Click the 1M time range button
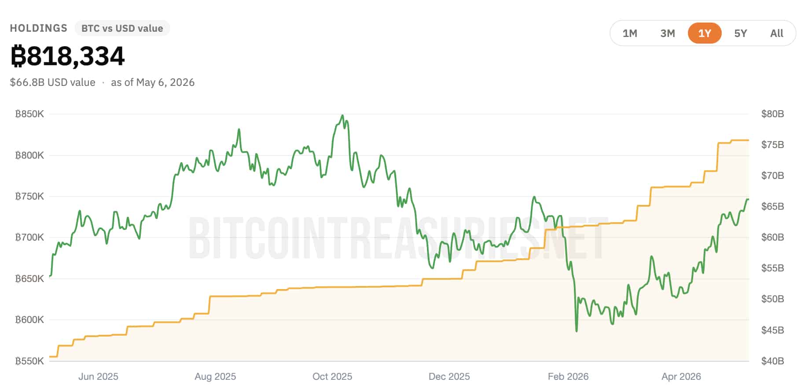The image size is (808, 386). tap(630, 33)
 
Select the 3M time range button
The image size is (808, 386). tap(668, 33)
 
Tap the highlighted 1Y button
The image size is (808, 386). tap(705, 33)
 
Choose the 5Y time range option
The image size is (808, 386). tap(741, 33)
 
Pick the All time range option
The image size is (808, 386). tap(777, 33)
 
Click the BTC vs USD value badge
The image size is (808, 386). tap(122, 28)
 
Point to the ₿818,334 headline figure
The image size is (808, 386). tap(67, 56)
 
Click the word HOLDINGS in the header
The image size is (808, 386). tap(39, 28)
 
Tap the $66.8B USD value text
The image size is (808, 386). tap(53, 82)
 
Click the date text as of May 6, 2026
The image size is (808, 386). tap(153, 82)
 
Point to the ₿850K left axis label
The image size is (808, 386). tap(29, 114)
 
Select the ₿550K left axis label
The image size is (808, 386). tap(29, 361)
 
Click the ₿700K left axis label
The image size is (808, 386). tap(29, 238)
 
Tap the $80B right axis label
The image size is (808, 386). tap(773, 114)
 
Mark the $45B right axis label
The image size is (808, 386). tap(773, 330)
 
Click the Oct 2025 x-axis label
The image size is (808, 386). tap(332, 377)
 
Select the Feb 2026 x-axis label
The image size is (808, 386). tap(568, 377)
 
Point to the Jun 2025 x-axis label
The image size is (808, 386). tap(98, 377)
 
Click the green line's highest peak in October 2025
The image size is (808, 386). tap(342, 116)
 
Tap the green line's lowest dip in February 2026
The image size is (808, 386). tap(577, 330)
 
